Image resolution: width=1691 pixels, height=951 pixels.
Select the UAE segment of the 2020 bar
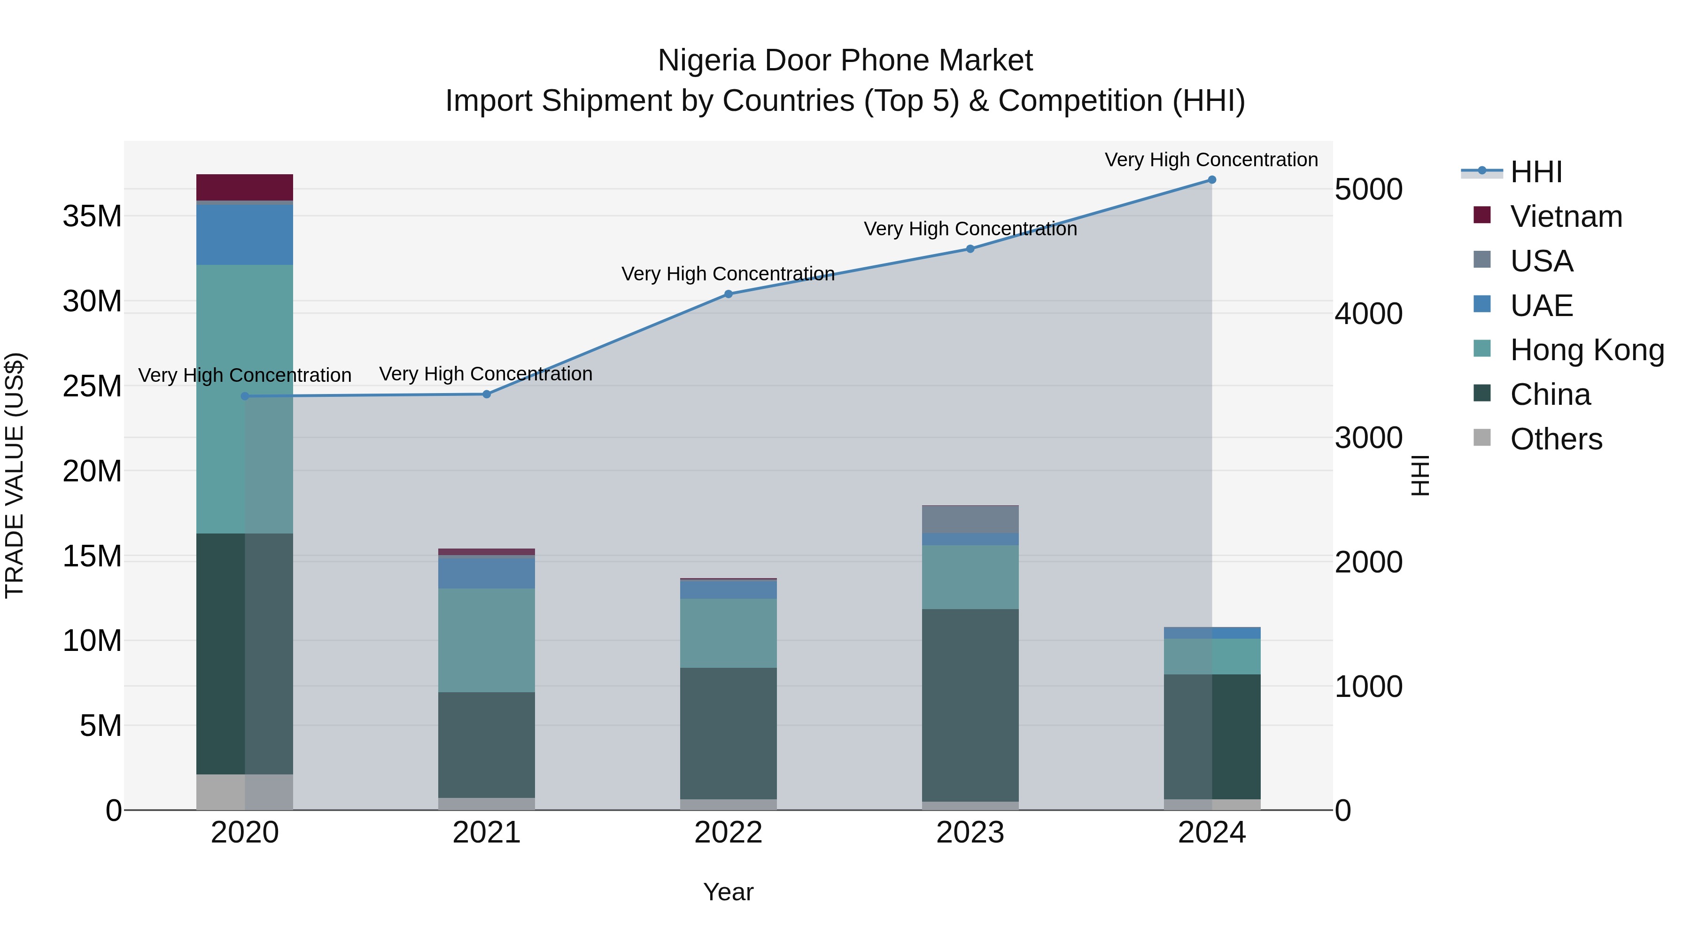click(x=244, y=234)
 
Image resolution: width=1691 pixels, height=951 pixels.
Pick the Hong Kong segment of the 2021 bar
click(x=487, y=640)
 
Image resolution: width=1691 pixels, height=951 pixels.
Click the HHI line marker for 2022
click(x=728, y=294)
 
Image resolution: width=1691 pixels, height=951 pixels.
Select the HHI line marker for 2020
click(x=245, y=396)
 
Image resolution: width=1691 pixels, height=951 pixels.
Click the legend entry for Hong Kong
click(x=1587, y=350)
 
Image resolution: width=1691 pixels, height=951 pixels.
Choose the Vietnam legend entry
click(x=1566, y=216)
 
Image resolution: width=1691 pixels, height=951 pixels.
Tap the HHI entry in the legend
click(x=1536, y=172)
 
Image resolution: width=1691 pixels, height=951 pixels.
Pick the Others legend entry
click(x=1556, y=439)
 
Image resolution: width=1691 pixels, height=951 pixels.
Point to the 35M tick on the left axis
click(x=92, y=216)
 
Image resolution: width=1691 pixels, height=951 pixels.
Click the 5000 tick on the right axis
click(x=1369, y=190)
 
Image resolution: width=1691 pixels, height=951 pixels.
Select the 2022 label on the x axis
click(x=728, y=833)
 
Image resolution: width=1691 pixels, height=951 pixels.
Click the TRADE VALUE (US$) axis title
click(x=15, y=475)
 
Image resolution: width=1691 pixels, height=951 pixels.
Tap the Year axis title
click(x=728, y=892)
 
